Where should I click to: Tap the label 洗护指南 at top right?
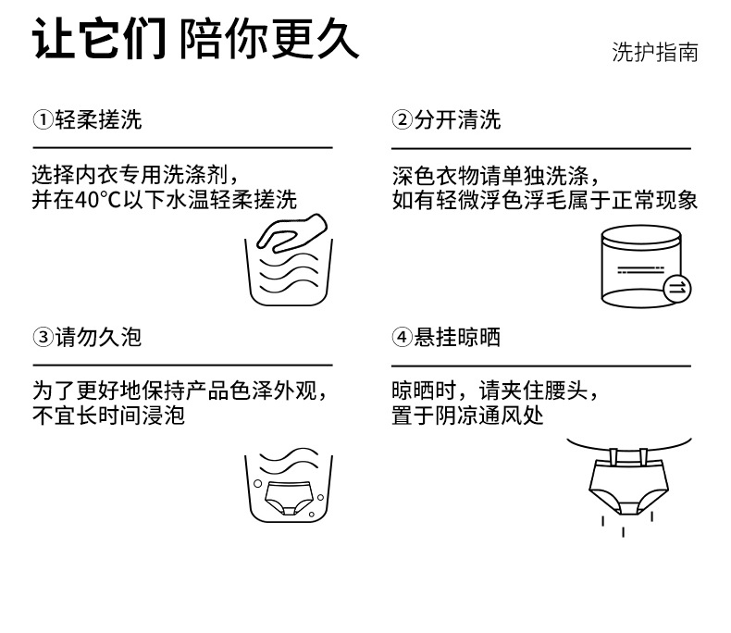(654, 52)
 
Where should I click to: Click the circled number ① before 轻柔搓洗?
(43, 120)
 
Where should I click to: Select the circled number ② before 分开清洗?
(402, 120)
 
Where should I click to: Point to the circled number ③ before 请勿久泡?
(43, 337)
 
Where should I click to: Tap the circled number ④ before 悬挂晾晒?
(402, 337)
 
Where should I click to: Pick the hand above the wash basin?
(289, 231)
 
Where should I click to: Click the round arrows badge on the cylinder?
(677, 289)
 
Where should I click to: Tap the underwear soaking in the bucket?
(289, 498)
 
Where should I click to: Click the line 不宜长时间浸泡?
(109, 416)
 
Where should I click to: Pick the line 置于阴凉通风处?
(468, 416)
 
